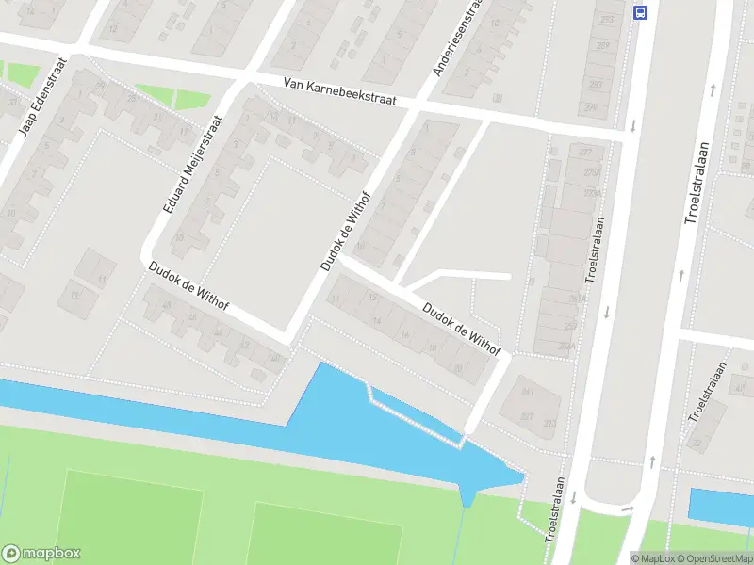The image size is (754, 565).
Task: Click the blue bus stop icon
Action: click(641, 12)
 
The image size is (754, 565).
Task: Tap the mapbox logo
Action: click(41, 554)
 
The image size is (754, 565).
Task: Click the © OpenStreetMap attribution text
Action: click(712, 558)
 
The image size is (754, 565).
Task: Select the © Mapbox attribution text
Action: click(652, 558)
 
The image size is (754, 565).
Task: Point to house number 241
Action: click(528, 391)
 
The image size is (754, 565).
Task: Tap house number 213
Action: click(606, 19)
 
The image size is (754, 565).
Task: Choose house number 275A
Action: click(592, 172)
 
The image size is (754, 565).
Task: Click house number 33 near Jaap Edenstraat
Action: click(13, 101)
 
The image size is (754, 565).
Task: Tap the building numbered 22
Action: click(698, 442)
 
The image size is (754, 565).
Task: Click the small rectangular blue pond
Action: click(721, 506)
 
